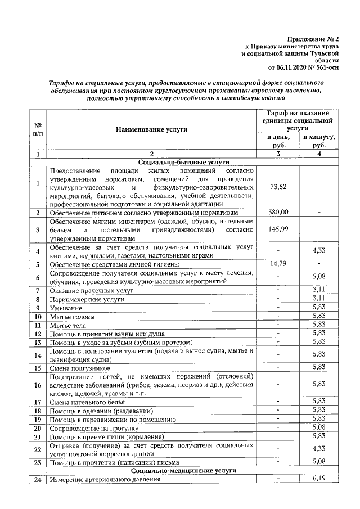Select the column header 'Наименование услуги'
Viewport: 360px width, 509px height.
[151, 129]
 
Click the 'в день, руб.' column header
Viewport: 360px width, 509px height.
[279, 141]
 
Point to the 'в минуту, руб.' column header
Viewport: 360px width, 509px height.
[319, 141]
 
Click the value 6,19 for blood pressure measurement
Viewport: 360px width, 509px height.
[319, 479]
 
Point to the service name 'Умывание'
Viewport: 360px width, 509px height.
[66, 308]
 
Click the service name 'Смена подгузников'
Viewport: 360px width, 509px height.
[81, 367]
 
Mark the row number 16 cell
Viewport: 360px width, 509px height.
[38, 385]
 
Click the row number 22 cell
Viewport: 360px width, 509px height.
[38, 449]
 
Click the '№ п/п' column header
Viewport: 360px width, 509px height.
[38, 129]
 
